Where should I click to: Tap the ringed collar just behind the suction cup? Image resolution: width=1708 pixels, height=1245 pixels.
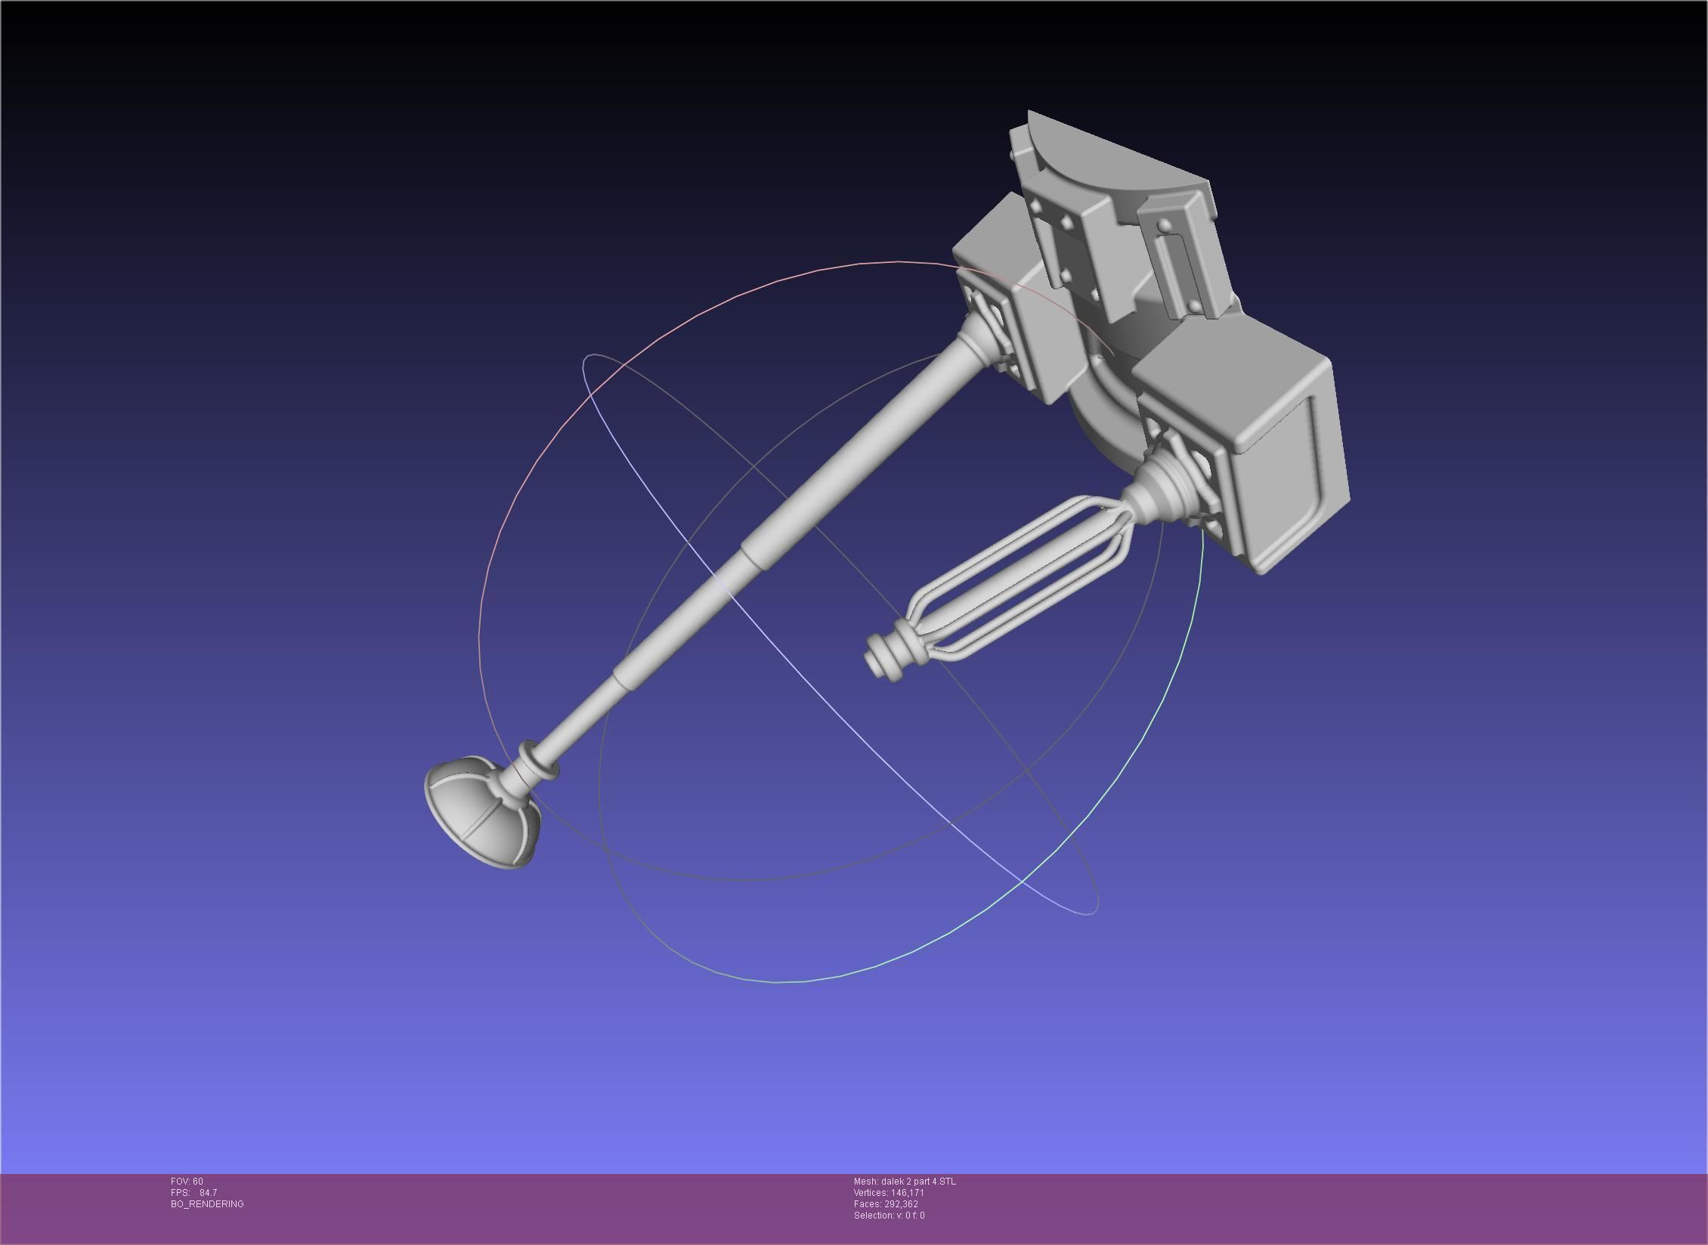(x=538, y=761)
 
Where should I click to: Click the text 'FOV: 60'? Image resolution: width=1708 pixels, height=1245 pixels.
(x=187, y=1181)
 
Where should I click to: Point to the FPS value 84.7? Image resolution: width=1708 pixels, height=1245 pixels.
(x=208, y=1192)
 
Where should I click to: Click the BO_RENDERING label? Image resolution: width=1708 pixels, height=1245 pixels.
(x=207, y=1203)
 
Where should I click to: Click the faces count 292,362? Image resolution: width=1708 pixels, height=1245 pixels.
(x=901, y=1203)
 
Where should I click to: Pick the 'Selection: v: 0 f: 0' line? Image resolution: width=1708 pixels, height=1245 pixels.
(x=889, y=1215)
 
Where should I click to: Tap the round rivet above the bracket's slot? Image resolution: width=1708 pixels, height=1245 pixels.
(x=1165, y=224)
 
